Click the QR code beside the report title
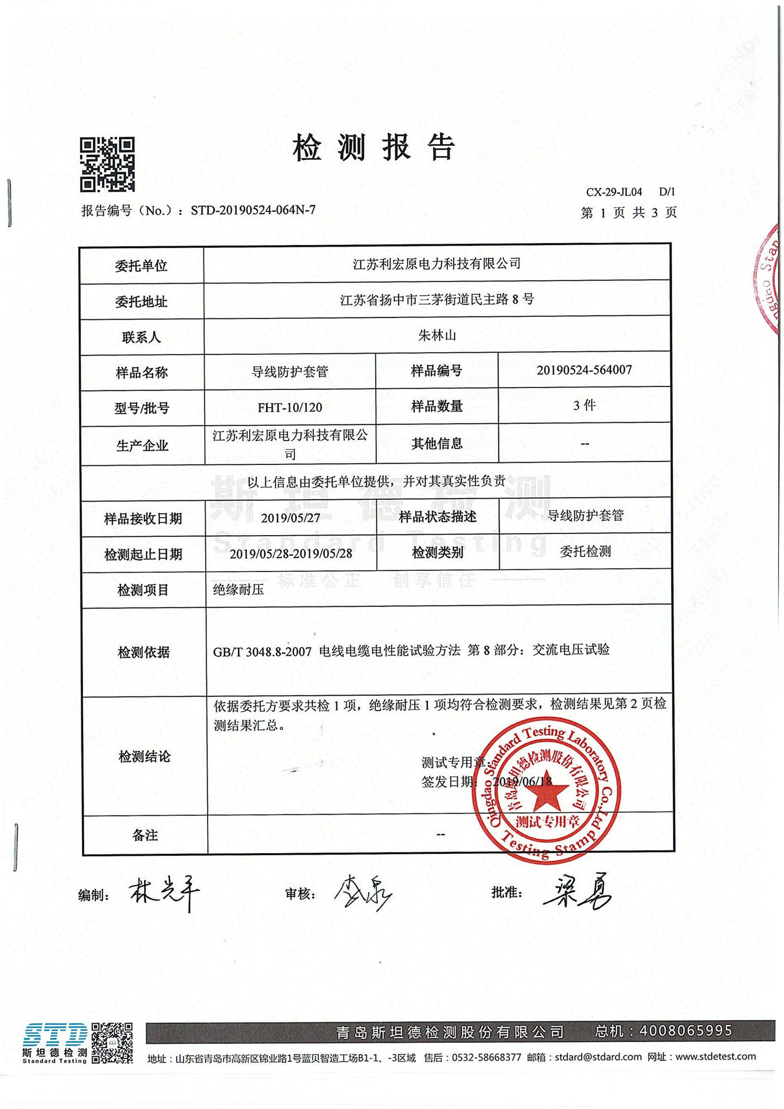[107, 165]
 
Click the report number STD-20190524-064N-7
[253, 210]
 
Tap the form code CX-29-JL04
[614, 192]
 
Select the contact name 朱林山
[436, 335]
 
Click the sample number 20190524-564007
[584, 370]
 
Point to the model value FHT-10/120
[290, 407]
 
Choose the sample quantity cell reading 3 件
[584, 405]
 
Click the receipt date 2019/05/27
[290, 518]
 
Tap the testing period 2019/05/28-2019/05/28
[291, 553]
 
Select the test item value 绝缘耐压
[239, 589]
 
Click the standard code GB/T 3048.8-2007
[262, 652]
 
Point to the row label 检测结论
[144, 757]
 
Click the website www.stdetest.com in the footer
[716, 1056]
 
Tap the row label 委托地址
[141, 302]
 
